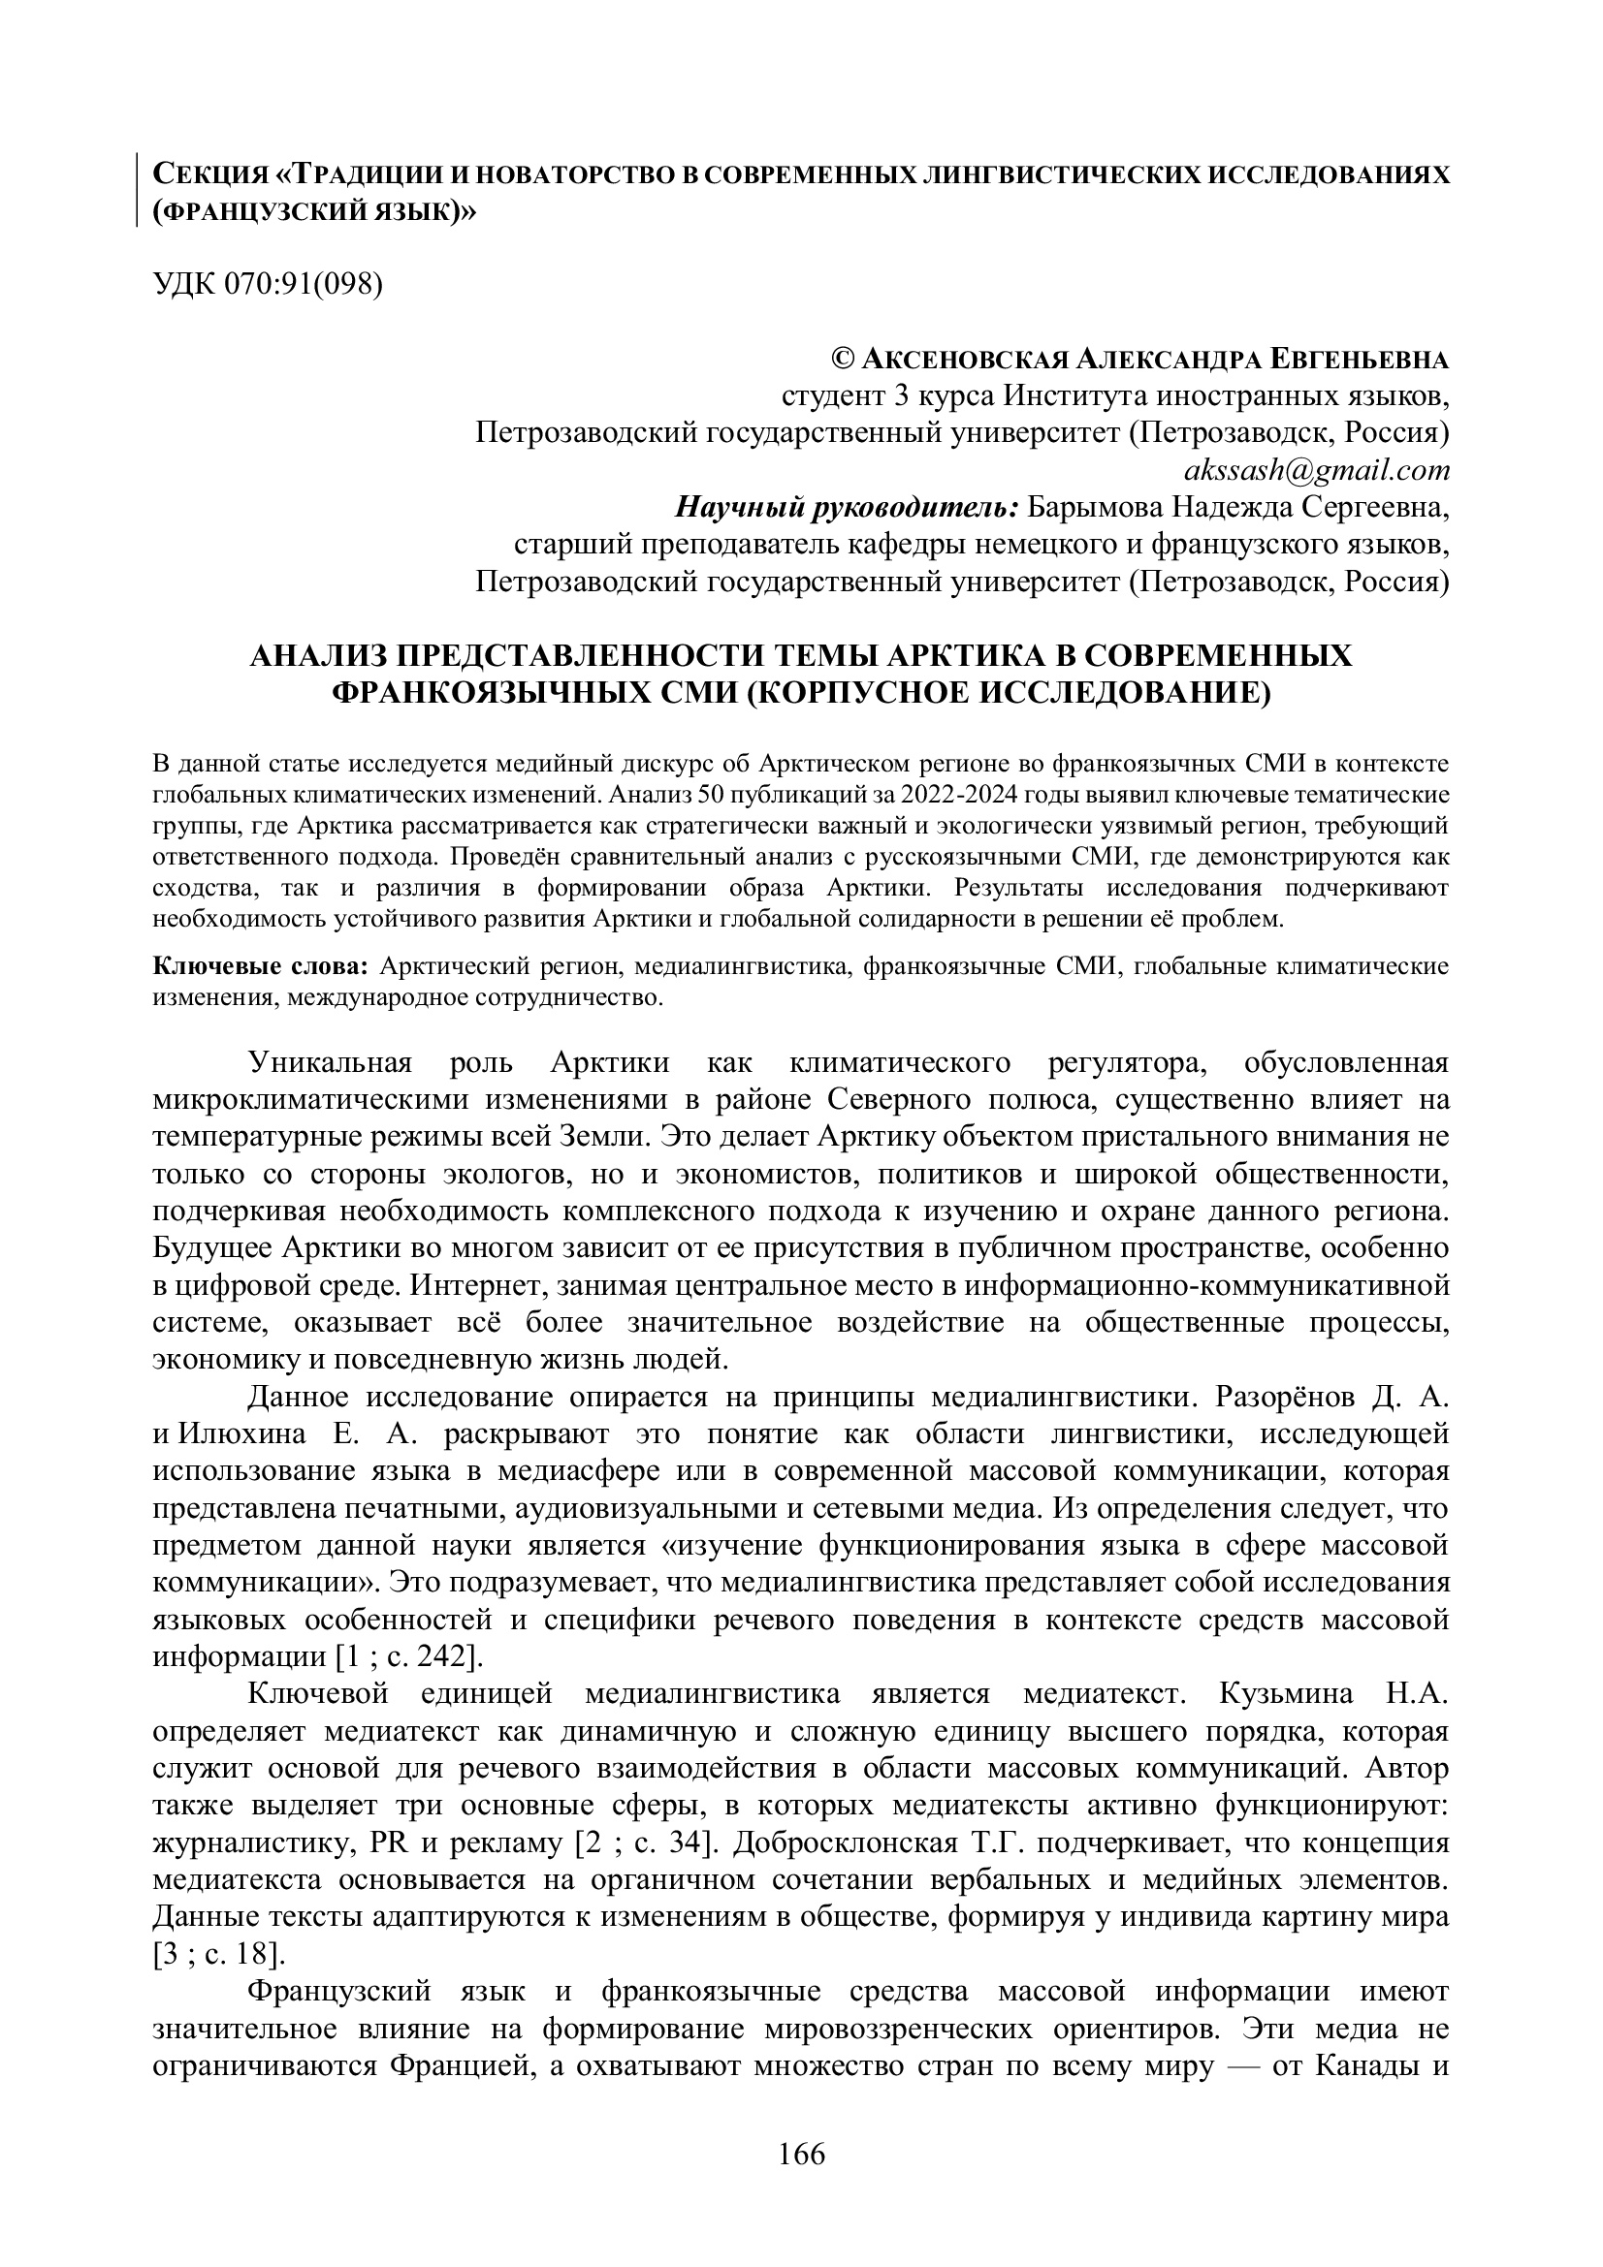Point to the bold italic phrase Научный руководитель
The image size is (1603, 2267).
pos(847,508)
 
